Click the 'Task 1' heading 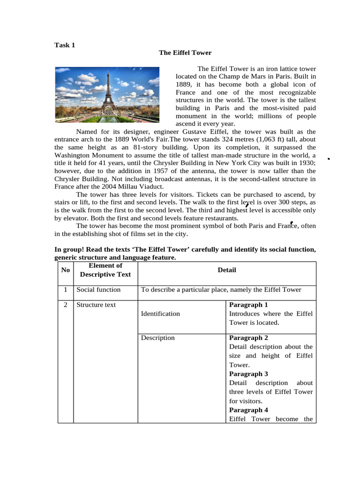click(65, 45)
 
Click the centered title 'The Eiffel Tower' click(185, 52)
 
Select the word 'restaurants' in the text click(220, 218)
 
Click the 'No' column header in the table click(66, 270)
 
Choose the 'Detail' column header click(227, 270)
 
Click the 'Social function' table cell click(98, 290)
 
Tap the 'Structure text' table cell click(96, 305)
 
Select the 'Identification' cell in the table click(160, 314)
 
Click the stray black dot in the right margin click(329, 159)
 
